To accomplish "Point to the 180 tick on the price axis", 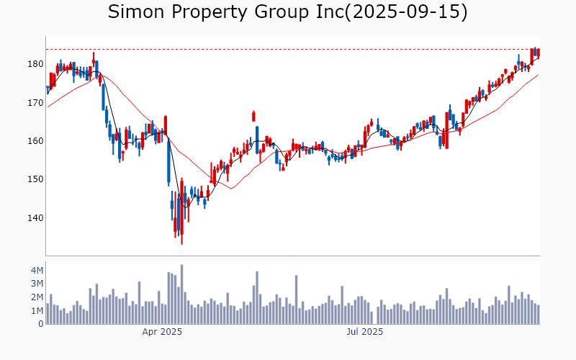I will tap(34, 64).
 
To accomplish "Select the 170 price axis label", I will tap(34, 103).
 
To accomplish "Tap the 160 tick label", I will tap(34, 141).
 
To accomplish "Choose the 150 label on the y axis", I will tap(34, 179).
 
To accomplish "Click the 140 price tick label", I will tap(34, 218).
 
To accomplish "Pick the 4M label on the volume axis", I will tap(37, 270).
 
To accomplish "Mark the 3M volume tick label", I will tap(37, 284).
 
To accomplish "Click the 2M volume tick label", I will tap(37, 297).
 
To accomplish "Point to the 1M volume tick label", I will tap(37, 311).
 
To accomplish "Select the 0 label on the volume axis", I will tap(41, 324).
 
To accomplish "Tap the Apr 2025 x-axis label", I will tap(162, 333).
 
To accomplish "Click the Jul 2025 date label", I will tap(365, 333).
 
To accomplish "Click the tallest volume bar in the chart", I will tap(181, 295).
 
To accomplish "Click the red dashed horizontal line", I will tap(288, 49).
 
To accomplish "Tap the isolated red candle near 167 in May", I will tap(253, 116).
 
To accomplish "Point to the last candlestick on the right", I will tap(538, 53).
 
